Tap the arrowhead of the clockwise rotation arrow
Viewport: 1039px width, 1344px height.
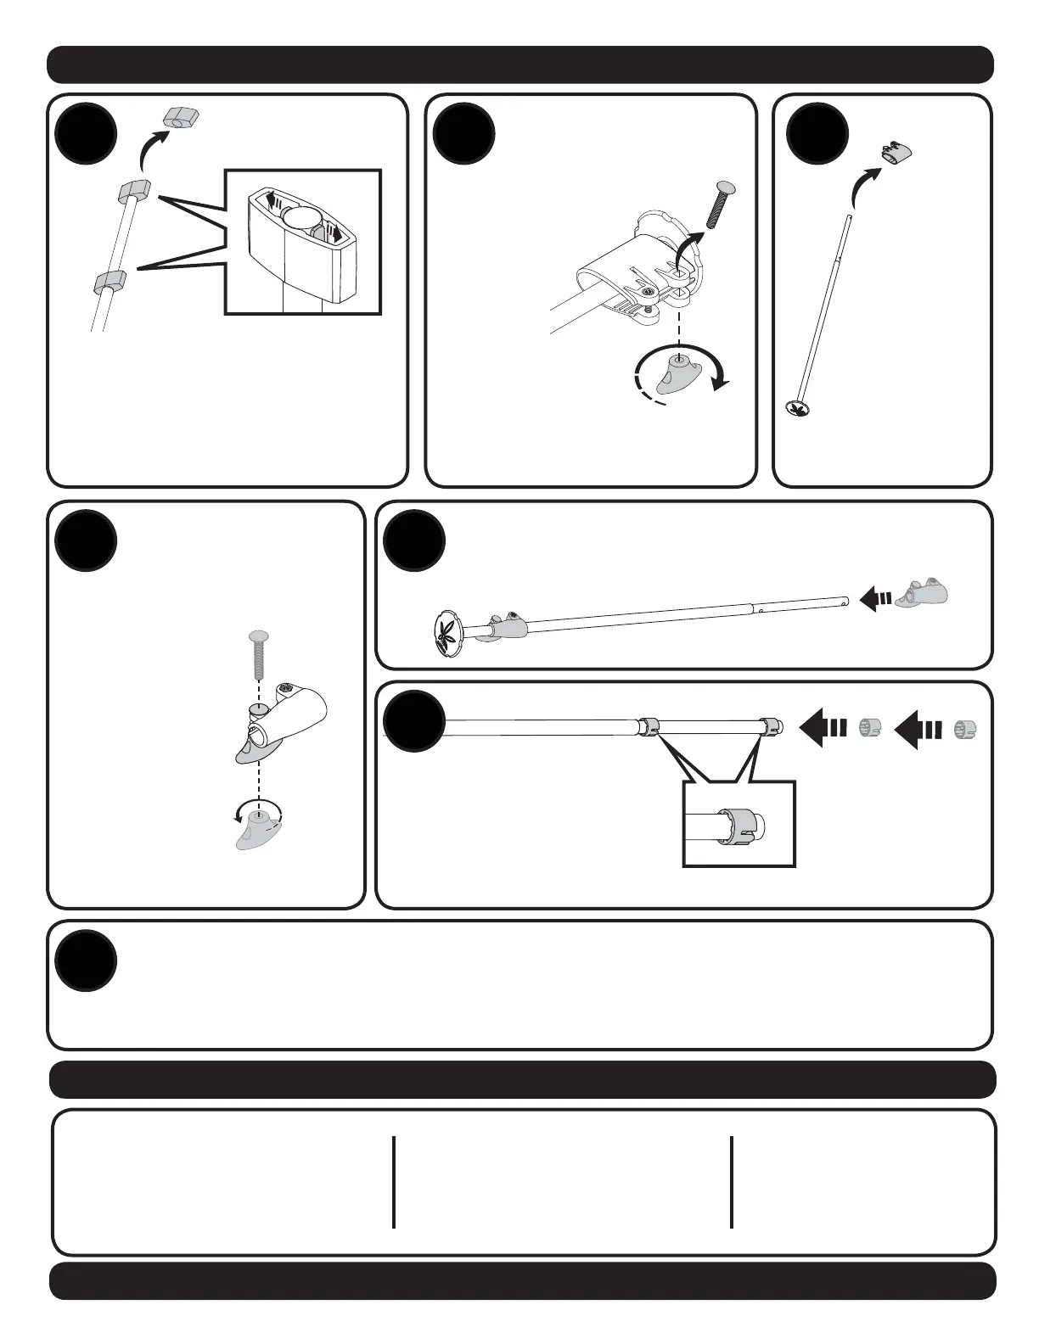(721, 382)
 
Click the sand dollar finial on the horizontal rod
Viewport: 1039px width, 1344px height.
(450, 632)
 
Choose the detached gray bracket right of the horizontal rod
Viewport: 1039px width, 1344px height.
(923, 595)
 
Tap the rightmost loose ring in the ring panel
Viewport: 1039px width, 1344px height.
(963, 729)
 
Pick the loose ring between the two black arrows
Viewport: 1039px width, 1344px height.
(871, 729)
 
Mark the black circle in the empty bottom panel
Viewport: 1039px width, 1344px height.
(86, 960)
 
